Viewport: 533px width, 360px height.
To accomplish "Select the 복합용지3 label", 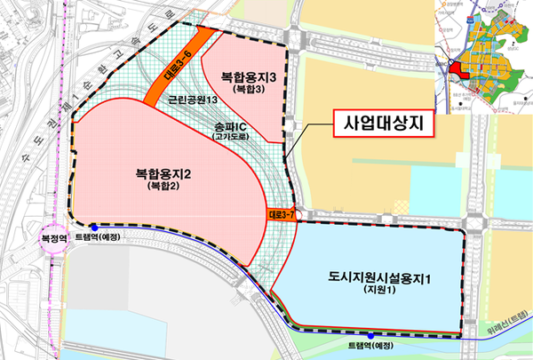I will pyautogui.click(x=243, y=77).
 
